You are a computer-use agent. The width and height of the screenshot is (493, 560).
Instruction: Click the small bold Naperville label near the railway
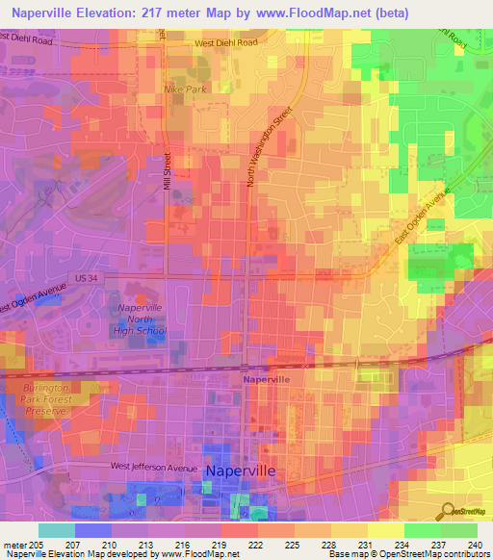[x=266, y=380]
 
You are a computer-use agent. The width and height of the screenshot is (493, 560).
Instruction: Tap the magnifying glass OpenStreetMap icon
[x=445, y=511]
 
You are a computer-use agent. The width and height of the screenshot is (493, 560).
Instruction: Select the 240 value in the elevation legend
[x=476, y=544]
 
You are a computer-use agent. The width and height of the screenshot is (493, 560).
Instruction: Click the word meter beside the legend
[x=14, y=544]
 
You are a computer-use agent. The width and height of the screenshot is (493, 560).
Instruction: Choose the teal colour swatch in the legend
[x=57, y=530]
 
